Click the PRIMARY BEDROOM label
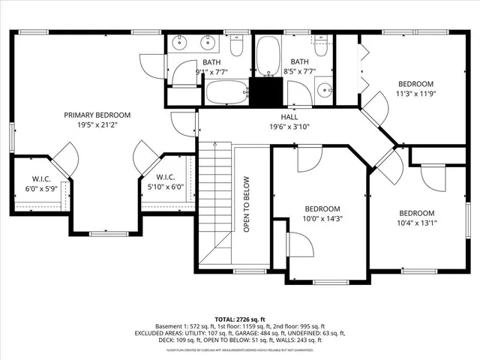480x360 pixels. click(97, 115)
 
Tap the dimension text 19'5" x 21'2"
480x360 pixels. click(97, 126)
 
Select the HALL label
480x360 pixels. click(289, 116)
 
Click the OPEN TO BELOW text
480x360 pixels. click(246, 204)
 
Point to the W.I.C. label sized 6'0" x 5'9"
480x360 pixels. click(40, 178)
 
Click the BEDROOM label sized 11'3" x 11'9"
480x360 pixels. click(415, 83)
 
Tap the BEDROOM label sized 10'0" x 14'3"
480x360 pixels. click(322, 208)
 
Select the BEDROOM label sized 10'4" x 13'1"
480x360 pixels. click(416, 212)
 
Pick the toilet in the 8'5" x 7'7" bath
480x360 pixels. click(319, 46)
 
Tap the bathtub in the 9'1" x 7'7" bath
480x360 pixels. click(227, 93)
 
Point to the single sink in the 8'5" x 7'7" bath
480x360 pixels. click(324, 91)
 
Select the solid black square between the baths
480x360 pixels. click(262, 92)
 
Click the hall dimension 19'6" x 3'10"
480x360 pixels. click(289, 127)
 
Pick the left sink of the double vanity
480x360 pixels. click(181, 43)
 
